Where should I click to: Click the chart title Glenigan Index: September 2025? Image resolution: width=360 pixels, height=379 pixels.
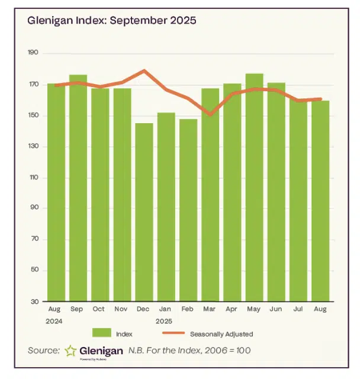tap(111, 20)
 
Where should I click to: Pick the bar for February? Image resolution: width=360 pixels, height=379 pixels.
tap(188, 210)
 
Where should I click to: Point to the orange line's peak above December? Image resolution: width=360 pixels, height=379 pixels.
tap(144, 70)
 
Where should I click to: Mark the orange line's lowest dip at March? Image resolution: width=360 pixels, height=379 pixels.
tap(210, 114)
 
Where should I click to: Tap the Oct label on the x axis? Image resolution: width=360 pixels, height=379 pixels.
tap(99, 310)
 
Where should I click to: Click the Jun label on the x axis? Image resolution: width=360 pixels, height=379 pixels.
tap(276, 310)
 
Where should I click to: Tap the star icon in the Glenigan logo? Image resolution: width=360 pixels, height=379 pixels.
tap(70, 351)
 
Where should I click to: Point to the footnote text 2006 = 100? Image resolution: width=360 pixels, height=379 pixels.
tap(227, 351)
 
